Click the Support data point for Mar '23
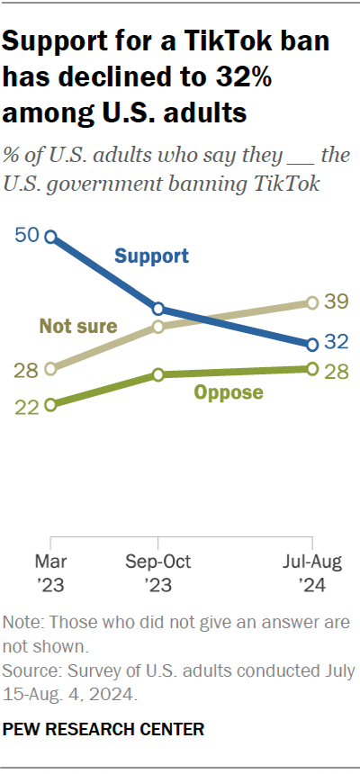(50, 238)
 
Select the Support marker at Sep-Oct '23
(158, 309)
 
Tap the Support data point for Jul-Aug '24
(312, 344)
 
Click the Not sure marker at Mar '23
(50, 368)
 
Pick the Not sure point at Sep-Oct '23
(158, 326)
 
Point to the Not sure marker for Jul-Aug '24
(312, 302)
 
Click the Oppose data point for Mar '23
(50, 405)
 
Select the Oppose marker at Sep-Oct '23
(158, 374)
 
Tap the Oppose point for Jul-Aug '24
(312, 368)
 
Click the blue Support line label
(151, 256)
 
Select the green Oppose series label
(229, 392)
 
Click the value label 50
(27, 236)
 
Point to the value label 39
(337, 302)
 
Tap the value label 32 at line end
(337, 343)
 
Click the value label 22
(27, 406)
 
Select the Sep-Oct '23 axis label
(158, 573)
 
